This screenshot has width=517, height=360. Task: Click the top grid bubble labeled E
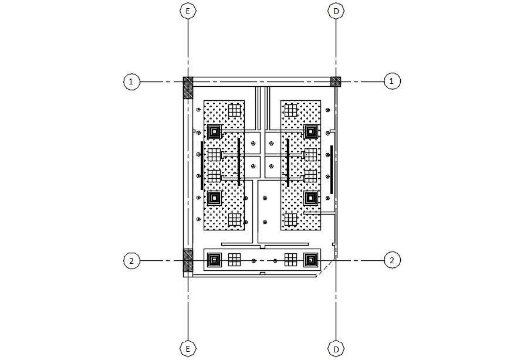(188, 11)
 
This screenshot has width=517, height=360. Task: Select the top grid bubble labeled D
(336, 11)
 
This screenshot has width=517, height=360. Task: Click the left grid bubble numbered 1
(131, 81)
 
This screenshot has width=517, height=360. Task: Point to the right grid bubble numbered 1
(391, 81)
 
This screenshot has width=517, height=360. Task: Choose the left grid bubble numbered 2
(131, 261)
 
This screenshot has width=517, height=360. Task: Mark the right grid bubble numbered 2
(391, 261)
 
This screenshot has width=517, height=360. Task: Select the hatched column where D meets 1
(335, 81)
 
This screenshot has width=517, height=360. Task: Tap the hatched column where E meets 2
(188, 260)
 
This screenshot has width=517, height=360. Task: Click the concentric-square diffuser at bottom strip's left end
(214, 259)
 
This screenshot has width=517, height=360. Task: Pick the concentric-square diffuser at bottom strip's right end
(310, 259)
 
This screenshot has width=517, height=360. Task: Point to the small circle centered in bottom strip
(254, 260)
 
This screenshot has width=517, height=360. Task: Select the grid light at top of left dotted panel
(235, 110)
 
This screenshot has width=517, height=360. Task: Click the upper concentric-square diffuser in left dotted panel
(214, 131)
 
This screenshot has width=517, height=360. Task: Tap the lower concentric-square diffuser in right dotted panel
(310, 197)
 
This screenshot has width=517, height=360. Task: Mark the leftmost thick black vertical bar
(202, 165)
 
